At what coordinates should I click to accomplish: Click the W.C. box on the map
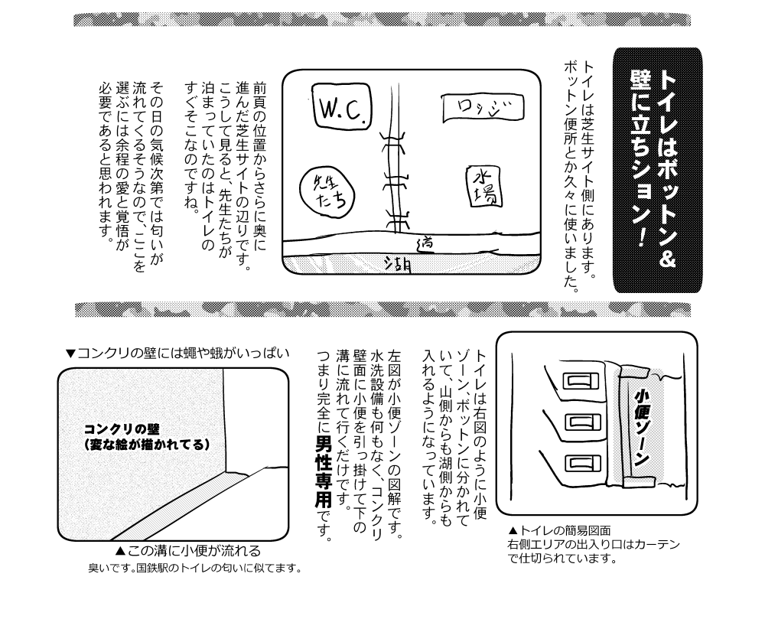tap(341, 106)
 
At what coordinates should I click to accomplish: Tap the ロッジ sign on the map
tap(483, 108)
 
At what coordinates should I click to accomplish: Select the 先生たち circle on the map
tap(327, 191)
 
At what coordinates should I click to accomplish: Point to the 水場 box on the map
tap(484, 187)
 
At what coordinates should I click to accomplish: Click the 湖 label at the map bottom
tap(398, 264)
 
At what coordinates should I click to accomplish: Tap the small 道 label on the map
tap(425, 243)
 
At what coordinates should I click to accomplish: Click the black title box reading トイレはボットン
tap(657, 171)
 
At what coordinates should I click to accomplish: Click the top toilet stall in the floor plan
tap(581, 380)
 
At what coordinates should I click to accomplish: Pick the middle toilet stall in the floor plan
tap(581, 422)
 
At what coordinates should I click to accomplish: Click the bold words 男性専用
tap(324, 471)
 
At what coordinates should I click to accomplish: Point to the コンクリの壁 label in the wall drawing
tap(122, 429)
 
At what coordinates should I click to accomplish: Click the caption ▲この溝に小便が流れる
tap(188, 551)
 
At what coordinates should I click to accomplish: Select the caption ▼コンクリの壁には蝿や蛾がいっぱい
tap(177, 354)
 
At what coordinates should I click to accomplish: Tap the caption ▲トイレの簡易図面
tap(559, 530)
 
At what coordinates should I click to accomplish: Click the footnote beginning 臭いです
tap(195, 569)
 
